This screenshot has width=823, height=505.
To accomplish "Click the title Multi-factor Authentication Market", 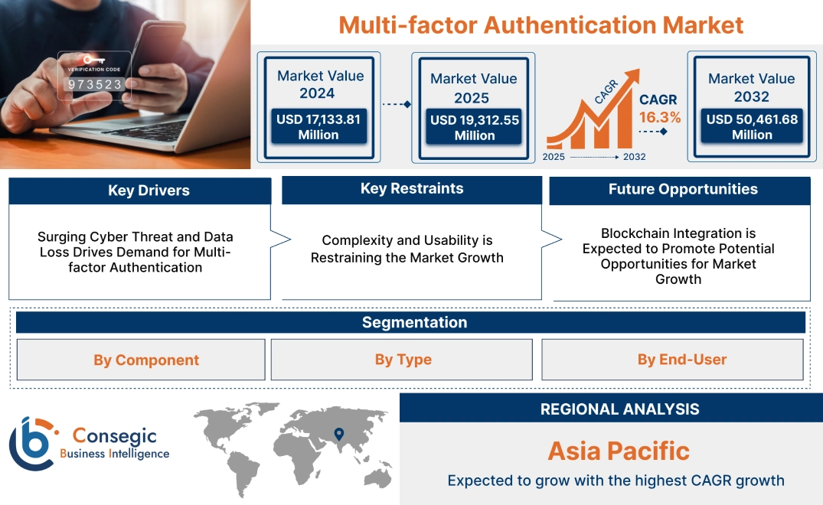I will pyautogui.click(x=541, y=24).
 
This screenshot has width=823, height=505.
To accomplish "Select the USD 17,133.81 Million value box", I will pyautogui.click(x=318, y=126).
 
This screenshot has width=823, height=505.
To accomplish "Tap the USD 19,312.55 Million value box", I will pyautogui.click(x=474, y=127).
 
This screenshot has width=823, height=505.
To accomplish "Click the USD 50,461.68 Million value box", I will pyautogui.click(x=752, y=126).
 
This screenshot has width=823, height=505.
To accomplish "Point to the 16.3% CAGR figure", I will pyautogui.click(x=660, y=117).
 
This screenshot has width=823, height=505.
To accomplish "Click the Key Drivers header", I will pyautogui.click(x=149, y=191).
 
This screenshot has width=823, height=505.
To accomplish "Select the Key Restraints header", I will pyautogui.click(x=412, y=189).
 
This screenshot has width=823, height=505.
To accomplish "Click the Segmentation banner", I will pyautogui.click(x=413, y=322).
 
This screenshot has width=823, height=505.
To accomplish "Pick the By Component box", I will pyautogui.click(x=145, y=360).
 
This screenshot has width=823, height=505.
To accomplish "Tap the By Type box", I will pyautogui.click(x=403, y=360).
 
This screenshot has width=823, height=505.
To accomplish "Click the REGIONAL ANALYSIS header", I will pyautogui.click(x=619, y=409).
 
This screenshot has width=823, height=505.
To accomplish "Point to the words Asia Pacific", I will pyautogui.click(x=619, y=451).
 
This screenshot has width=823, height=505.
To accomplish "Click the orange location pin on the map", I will pyautogui.click(x=338, y=435).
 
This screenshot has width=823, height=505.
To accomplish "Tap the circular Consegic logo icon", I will pyautogui.click(x=31, y=444).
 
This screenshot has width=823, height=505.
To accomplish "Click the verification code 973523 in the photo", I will pyautogui.click(x=95, y=84).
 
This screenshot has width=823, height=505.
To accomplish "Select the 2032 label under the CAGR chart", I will pyautogui.click(x=634, y=157).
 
